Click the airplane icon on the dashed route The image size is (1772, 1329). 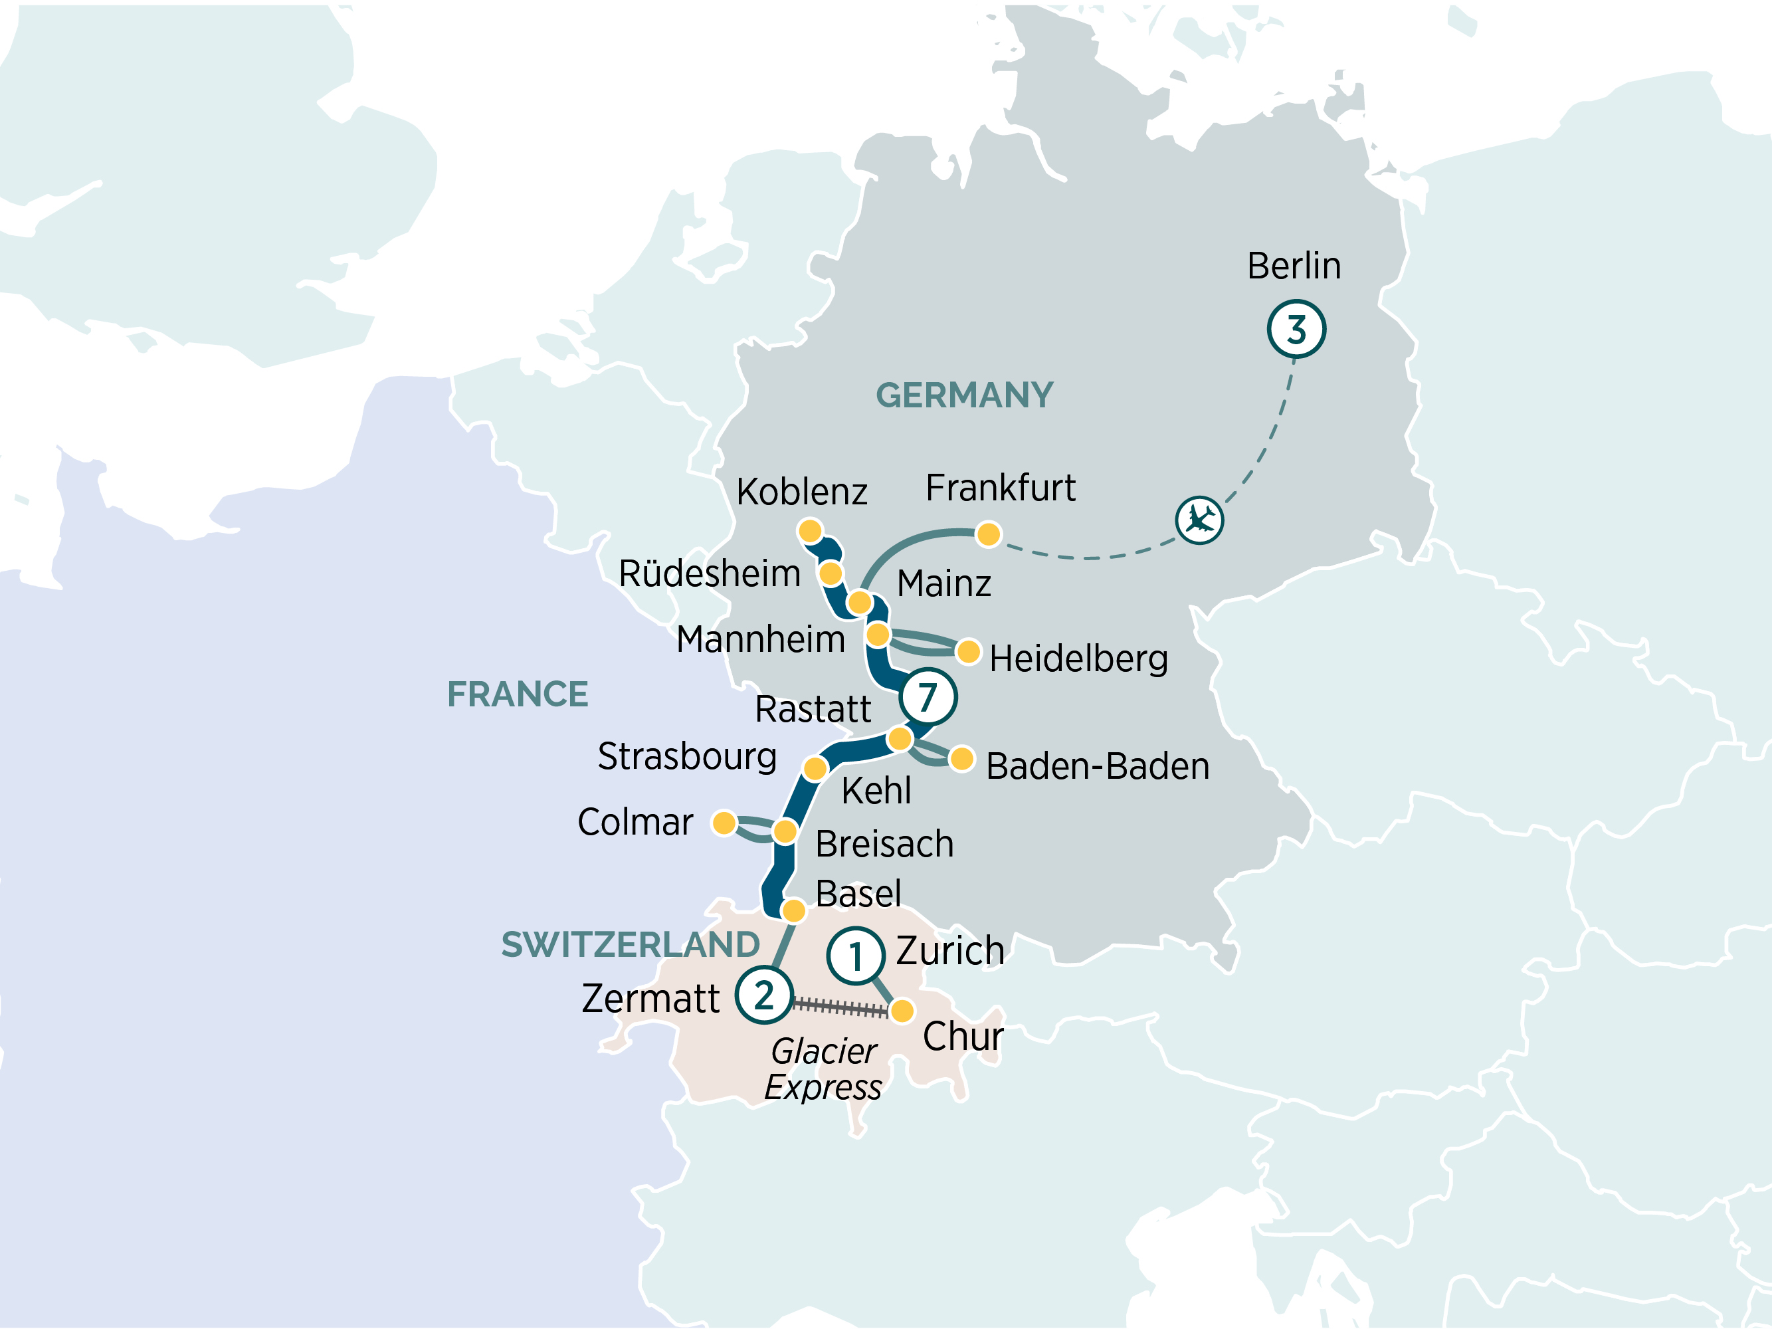pos(1199,520)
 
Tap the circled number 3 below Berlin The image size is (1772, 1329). pos(1296,329)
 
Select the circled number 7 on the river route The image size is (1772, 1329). pos(928,697)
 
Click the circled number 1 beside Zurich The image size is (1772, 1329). pos(856,956)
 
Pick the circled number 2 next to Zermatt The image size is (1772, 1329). pos(763,995)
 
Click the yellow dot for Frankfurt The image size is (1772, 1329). pos(989,534)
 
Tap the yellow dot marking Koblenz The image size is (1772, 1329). pos(810,531)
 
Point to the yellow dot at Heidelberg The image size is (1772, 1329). pos(969,651)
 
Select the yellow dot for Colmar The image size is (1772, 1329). pos(724,823)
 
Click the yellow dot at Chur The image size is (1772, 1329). pos(902,1011)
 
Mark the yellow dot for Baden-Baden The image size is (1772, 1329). pos(961,759)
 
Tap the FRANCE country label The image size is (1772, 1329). pos(518,694)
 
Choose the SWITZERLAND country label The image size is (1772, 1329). pos(631,944)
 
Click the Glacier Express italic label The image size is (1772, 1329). pos(823,1069)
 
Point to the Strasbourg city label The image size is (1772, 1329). pos(686,756)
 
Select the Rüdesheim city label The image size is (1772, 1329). pos(709,573)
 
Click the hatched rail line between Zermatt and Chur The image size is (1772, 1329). pos(840,1007)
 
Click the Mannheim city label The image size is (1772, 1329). pos(760,639)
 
